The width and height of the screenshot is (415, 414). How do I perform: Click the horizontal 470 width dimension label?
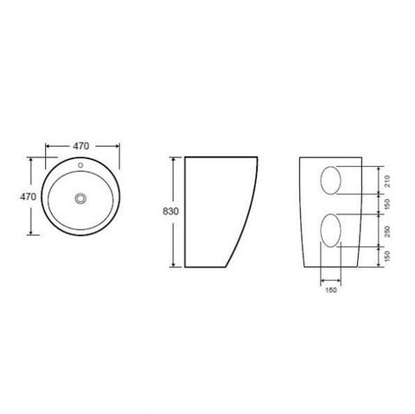[x=81, y=146]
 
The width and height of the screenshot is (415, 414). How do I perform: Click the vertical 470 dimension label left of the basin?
[x=28, y=197]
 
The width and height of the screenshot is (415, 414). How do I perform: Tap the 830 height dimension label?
[x=170, y=212]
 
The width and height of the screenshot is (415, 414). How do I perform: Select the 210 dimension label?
[x=387, y=181]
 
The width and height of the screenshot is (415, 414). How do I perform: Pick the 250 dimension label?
[x=387, y=232]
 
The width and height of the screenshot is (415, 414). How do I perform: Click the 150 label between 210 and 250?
[x=387, y=204]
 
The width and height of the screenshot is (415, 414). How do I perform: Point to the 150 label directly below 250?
[x=387, y=256]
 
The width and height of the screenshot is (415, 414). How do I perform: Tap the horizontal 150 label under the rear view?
[x=331, y=290]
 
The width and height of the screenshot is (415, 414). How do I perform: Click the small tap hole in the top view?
[x=80, y=165]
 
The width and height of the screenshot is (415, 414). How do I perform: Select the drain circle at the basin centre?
[x=80, y=198]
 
